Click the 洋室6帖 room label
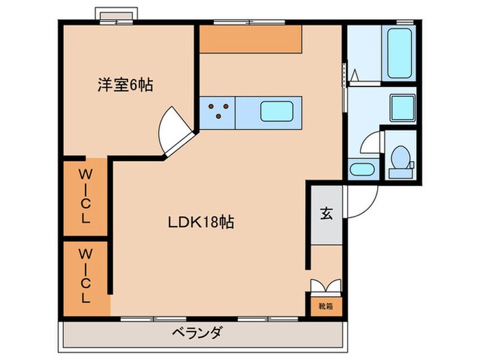tap(125, 86)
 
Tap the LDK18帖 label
tap(202, 222)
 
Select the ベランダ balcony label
tap(196, 334)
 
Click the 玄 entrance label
tap(325, 213)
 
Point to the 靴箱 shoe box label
tap(325, 306)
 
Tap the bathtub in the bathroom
tap(400, 53)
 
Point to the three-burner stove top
tap(218, 110)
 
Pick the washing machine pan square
tap(402, 106)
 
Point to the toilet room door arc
tap(370, 145)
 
